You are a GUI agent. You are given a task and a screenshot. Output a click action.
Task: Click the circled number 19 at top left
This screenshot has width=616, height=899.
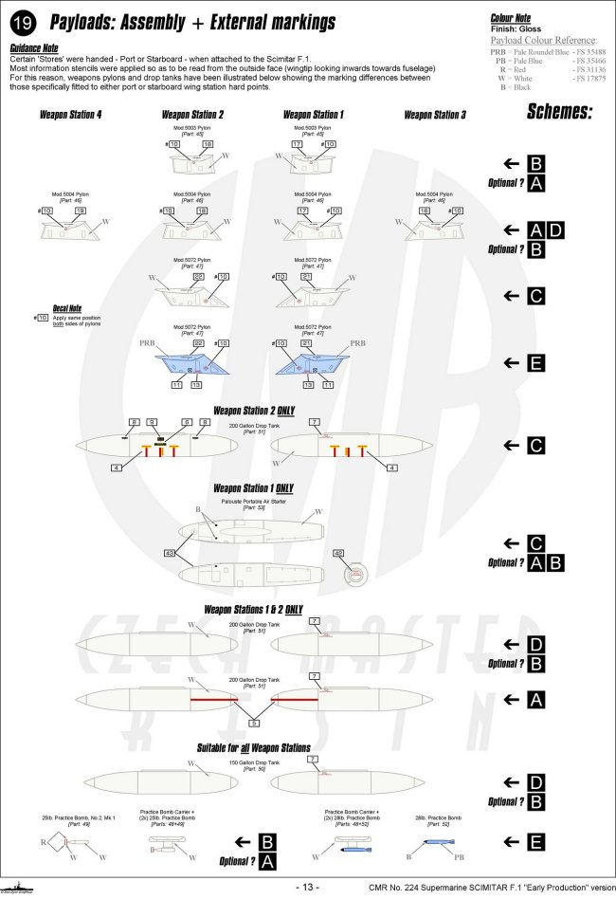(22, 22)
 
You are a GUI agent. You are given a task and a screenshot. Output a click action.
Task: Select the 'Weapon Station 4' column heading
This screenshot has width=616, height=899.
(71, 115)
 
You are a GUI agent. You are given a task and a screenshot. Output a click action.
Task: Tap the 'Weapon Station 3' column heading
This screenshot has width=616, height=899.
(435, 115)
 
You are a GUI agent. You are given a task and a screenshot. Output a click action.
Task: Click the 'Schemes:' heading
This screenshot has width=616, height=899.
(559, 113)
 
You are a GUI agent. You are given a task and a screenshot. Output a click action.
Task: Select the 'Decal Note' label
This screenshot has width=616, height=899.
(67, 308)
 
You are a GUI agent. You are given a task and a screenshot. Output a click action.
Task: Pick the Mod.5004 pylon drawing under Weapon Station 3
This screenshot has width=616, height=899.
(435, 225)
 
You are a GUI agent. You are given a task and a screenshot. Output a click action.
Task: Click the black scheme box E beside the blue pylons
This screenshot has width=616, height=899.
(535, 362)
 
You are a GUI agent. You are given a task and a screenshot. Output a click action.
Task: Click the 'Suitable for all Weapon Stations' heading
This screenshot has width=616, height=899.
(253, 747)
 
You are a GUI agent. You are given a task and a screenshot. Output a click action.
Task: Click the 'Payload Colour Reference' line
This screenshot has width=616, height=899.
(544, 41)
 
